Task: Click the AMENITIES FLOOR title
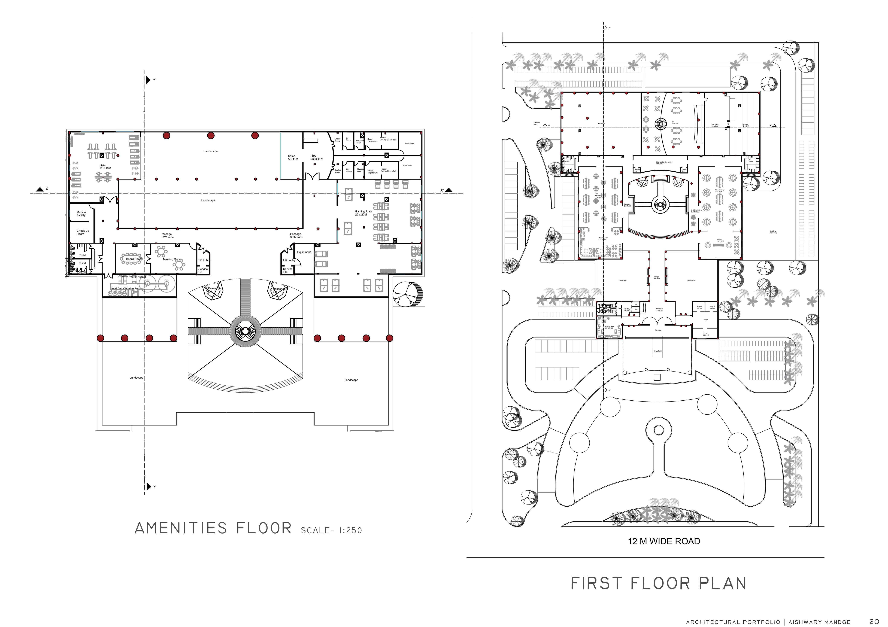pos(213,528)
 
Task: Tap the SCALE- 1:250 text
pos(331,530)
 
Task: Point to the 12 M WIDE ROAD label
pos(664,541)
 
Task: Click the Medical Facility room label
pos(81,214)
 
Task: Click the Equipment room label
pos(304,252)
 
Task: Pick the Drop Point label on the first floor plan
pos(658,351)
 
